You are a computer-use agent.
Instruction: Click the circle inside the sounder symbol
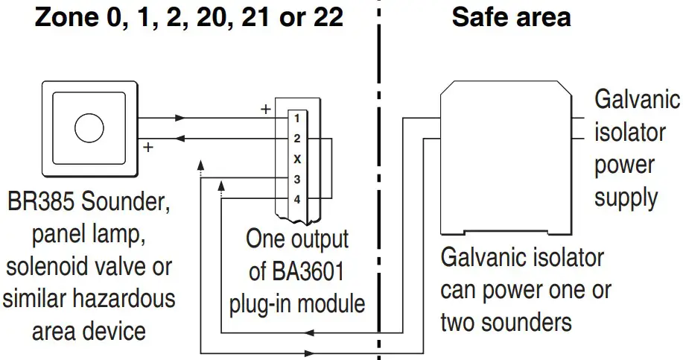(89, 127)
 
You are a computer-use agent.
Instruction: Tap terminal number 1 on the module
(296, 119)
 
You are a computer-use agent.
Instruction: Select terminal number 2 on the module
(296, 139)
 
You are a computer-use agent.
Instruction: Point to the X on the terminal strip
(296, 159)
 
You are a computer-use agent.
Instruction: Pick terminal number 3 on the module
(296, 179)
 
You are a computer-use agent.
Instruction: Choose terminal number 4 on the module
(296, 199)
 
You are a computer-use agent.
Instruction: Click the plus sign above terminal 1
(266, 110)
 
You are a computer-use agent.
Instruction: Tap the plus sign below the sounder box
(148, 148)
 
